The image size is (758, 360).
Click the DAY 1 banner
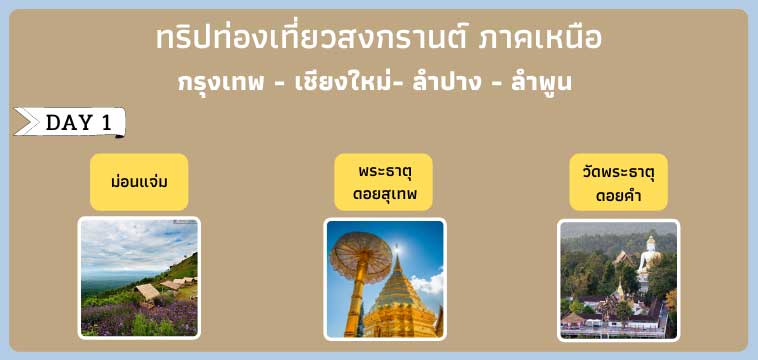coord(70,123)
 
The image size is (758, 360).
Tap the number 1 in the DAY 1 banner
coord(105,123)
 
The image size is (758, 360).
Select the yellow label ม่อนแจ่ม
coord(139,182)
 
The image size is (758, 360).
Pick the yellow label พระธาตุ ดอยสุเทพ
coord(384,182)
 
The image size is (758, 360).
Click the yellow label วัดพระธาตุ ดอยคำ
coord(618,182)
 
